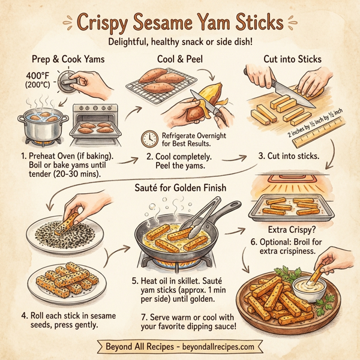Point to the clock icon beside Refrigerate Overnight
point(148,139)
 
